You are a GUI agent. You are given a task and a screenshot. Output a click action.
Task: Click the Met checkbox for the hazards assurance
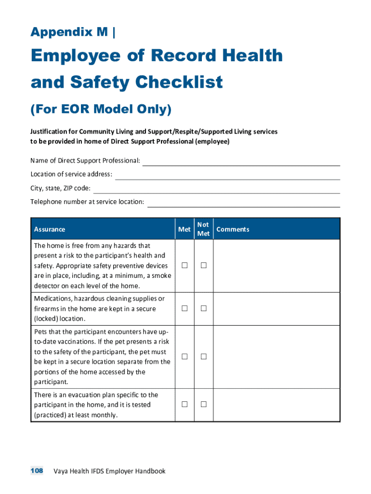184,265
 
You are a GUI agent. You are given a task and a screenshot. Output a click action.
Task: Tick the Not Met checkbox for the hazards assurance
203,265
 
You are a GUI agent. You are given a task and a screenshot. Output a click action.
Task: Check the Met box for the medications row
184,308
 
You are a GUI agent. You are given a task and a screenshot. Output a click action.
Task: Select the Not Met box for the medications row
203,308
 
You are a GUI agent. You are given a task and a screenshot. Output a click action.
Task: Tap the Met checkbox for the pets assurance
184,357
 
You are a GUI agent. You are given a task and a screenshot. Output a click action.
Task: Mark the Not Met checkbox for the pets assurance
203,357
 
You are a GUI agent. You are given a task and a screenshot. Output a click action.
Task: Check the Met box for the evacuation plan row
184,404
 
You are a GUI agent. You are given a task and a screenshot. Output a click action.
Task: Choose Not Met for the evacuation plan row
203,404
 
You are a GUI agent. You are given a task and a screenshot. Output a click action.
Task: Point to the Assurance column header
50,229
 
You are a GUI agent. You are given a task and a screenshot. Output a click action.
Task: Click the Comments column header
233,229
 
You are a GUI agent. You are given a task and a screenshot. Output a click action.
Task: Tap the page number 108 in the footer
37,470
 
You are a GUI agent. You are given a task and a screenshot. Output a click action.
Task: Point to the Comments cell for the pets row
277,357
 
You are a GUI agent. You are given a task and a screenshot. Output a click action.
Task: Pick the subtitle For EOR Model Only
101,110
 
